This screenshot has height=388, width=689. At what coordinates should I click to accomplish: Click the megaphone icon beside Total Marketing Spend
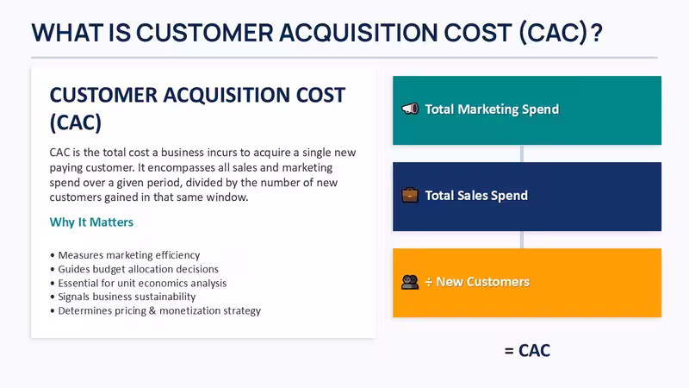click(x=410, y=109)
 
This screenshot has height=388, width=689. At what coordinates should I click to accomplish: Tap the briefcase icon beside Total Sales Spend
click(x=410, y=195)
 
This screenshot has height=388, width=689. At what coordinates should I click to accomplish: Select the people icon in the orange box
click(x=410, y=282)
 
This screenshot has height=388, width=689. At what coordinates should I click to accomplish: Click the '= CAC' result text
click(x=527, y=351)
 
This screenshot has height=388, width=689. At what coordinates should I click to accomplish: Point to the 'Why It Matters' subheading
click(x=91, y=222)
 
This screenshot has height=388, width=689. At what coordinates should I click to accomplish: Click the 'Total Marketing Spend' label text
click(x=492, y=110)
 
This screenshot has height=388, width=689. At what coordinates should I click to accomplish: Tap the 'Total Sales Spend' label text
click(x=476, y=196)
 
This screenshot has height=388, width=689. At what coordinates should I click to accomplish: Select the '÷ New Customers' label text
click(x=477, y=282)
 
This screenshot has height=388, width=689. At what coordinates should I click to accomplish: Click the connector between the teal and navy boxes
click(x=522, y=153)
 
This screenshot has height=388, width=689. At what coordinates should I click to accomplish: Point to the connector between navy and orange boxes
click(x=522, y=240)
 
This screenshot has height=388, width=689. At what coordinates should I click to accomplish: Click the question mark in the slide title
click(x=596, y=33)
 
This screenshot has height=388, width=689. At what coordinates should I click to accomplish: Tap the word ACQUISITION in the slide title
click(x=358, y=33)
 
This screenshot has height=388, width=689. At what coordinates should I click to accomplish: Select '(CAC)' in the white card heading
click(x=76, y=122)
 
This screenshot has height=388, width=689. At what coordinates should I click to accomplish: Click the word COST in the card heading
click(x=320, y=95)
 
